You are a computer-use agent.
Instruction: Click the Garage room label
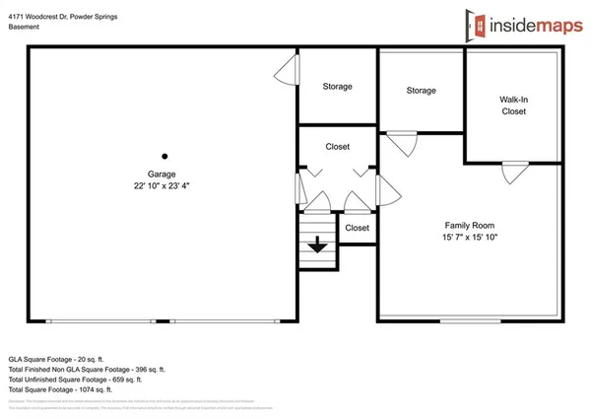(x=162, y=174)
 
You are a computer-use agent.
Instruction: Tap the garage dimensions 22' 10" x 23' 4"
(x=162, y=185)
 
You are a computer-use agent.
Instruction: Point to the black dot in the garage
(x=164, y=156)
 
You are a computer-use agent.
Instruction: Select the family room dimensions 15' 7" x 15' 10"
(x=469, y=238)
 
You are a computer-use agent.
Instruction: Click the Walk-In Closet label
(x=513, y=105)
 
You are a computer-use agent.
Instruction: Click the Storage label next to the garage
(x=337, y=87)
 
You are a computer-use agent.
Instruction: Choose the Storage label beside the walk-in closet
(x=421, y=91)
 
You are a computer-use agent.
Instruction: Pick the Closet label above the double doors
(x=337, y=147)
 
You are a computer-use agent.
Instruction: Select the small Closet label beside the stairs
(x=357, y=228)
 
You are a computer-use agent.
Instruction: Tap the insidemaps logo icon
(x=477, y=23)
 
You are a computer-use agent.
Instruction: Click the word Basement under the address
(x=24, y=27)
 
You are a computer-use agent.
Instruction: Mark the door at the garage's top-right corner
(x=287, y=68)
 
